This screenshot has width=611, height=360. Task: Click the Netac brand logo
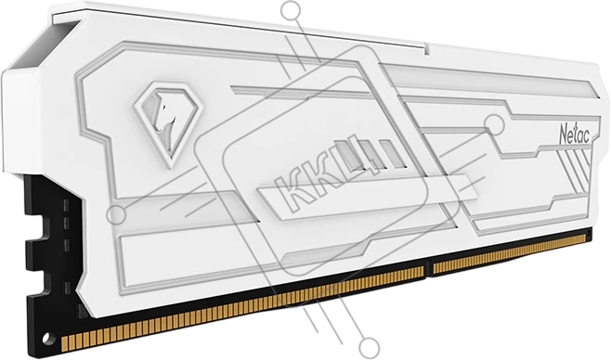tap(575, 135)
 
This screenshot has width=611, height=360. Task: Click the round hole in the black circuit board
tap(46, 337)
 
